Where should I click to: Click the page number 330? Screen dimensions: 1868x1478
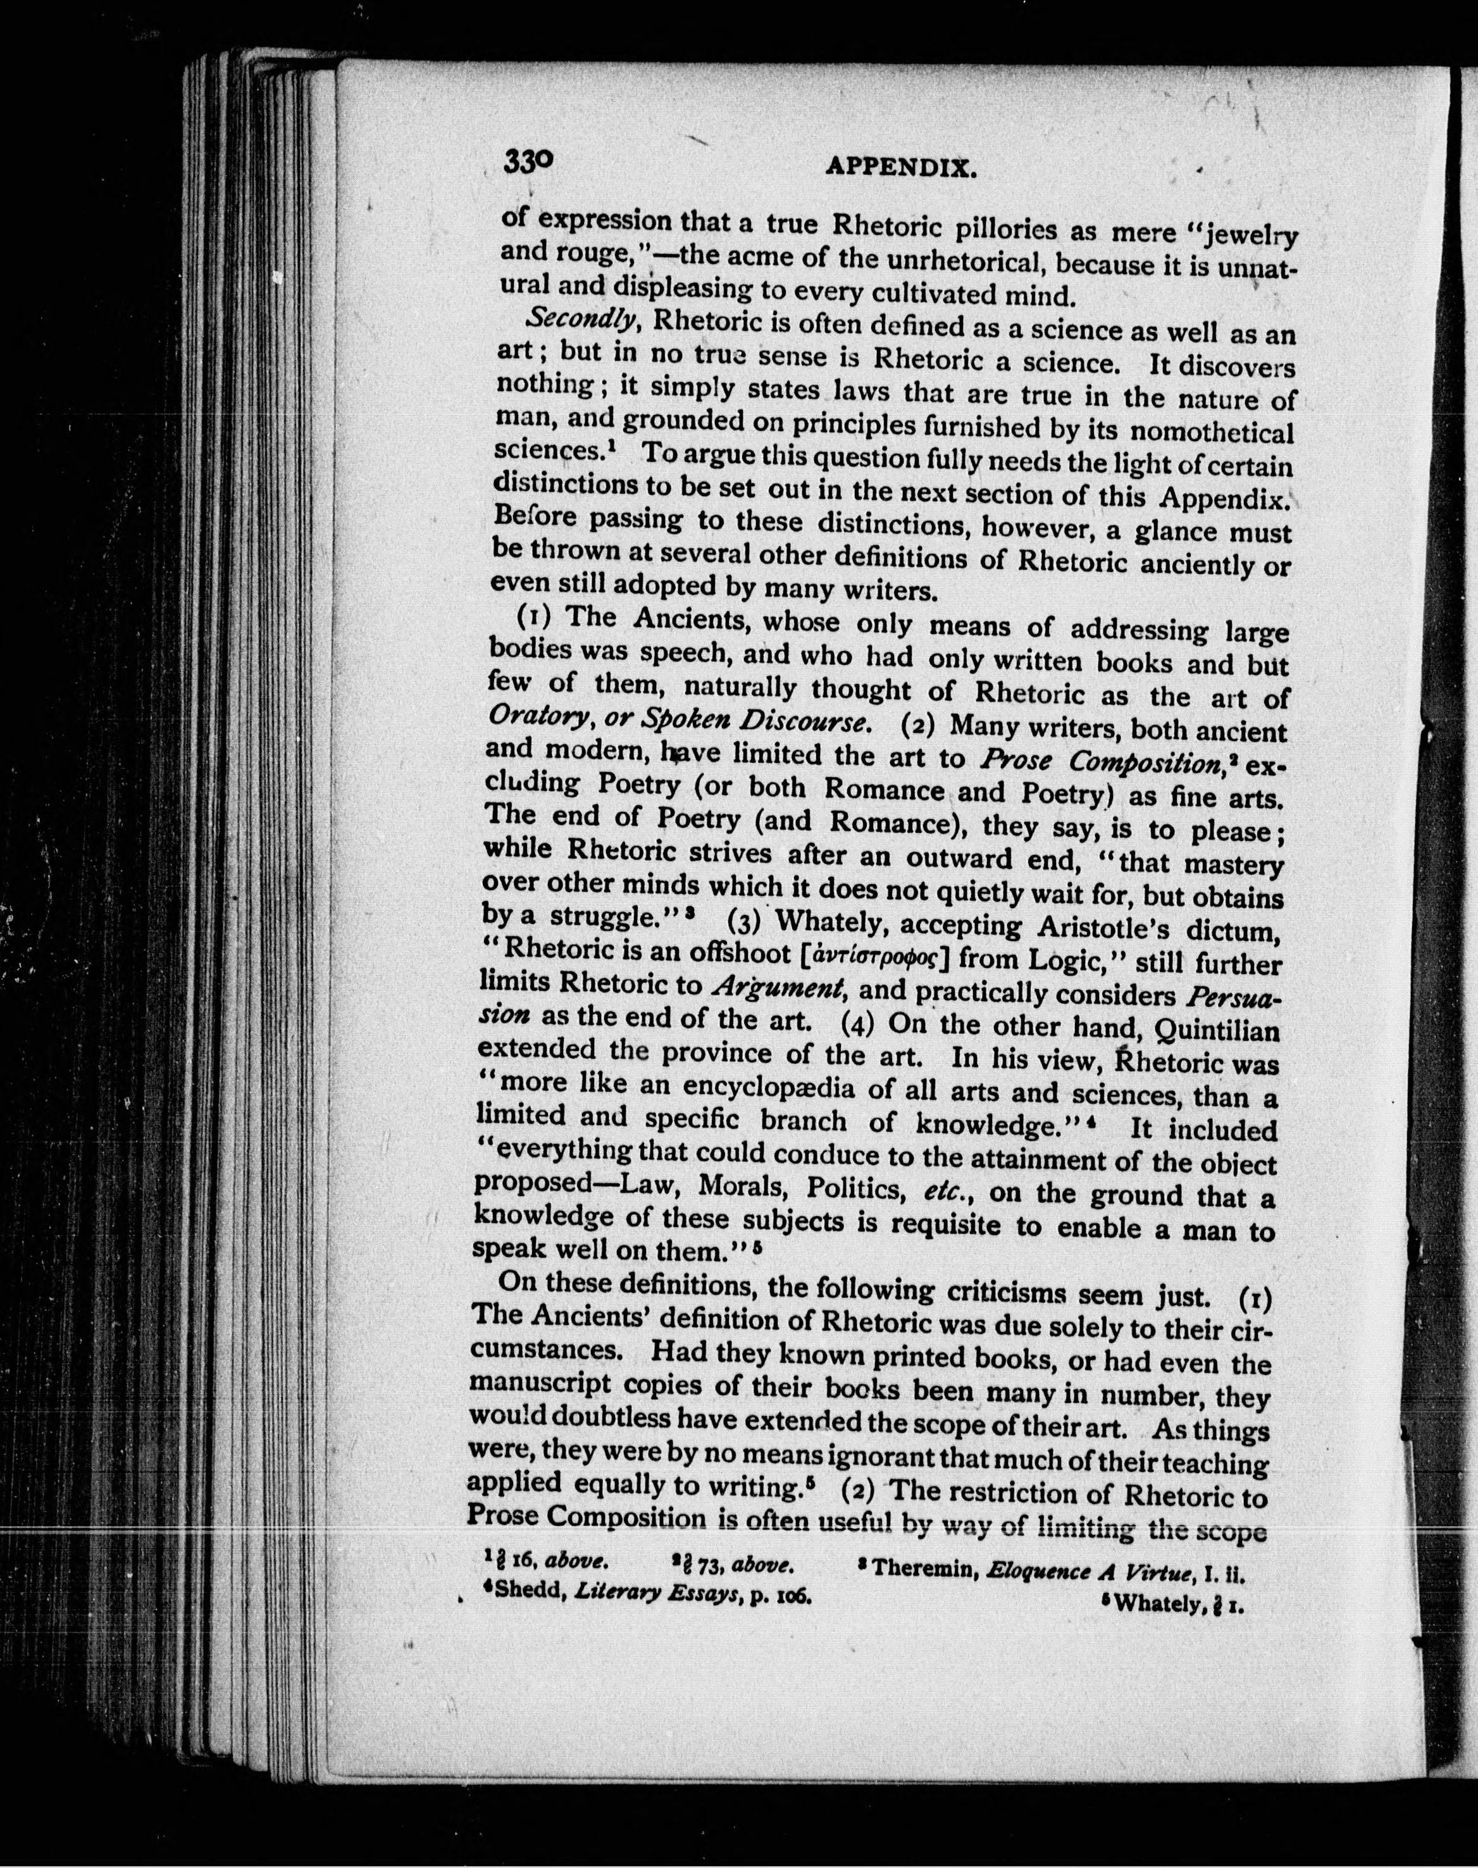click(x=527, y=161)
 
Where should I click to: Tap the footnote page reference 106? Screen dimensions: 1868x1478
click(x=791, y=1595)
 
